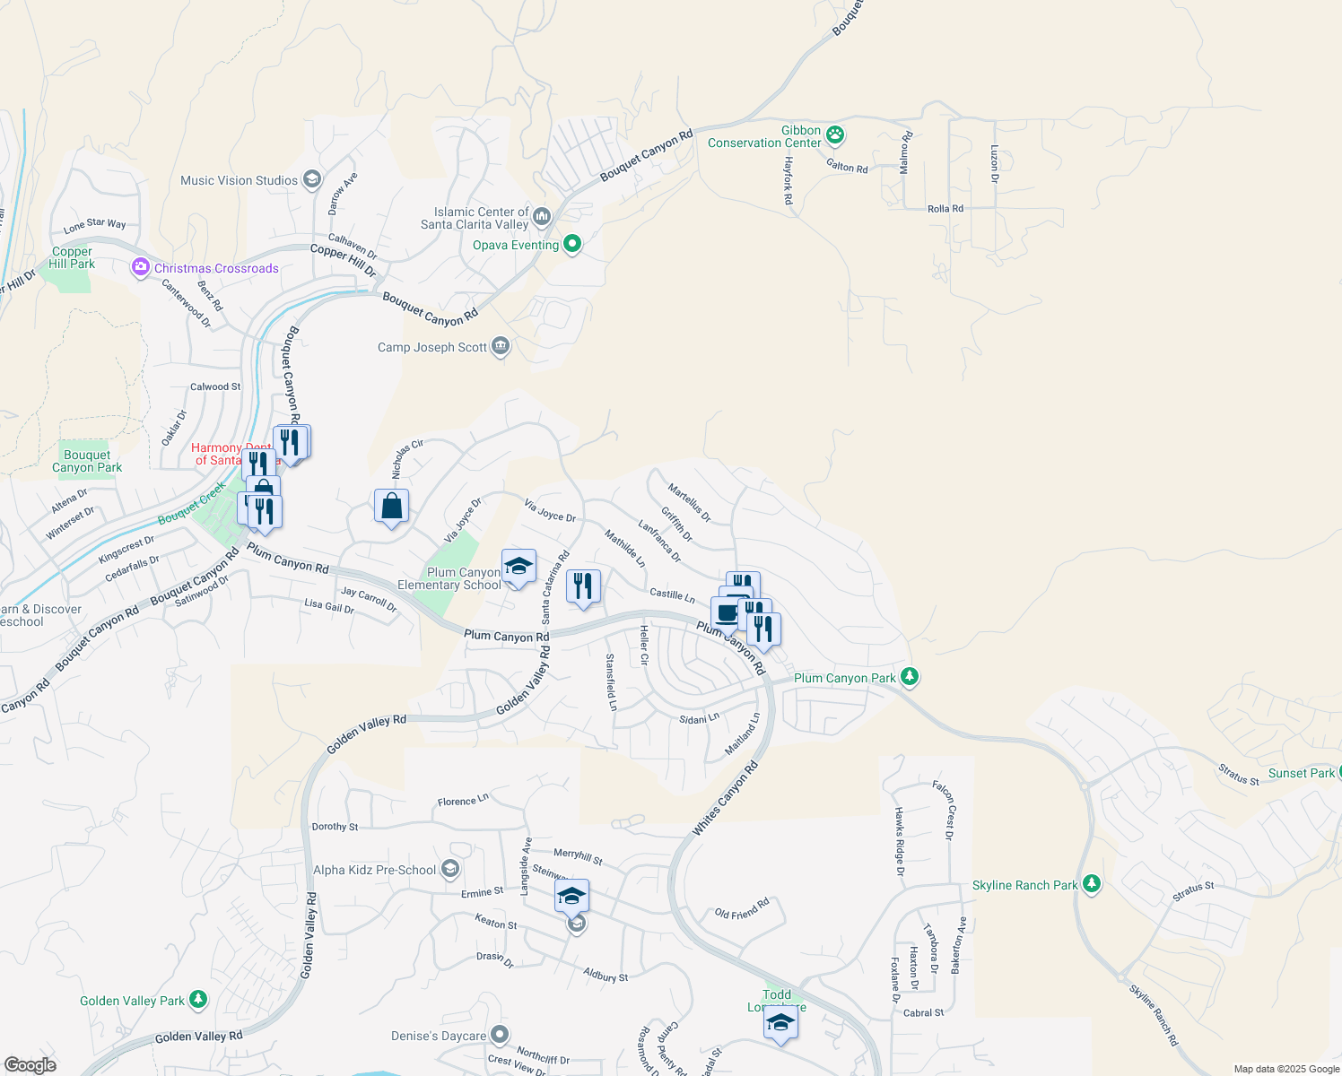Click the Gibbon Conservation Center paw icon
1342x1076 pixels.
tap(836, 135)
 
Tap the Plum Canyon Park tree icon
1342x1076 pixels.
tap(910, 677)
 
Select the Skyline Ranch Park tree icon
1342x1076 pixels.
tap(1092, 884)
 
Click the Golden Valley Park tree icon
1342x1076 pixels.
tap(198, 999)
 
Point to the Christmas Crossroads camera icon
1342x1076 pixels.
tap(140, 267)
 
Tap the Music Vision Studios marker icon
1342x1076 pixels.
tap(312, 179)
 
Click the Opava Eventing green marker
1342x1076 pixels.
tap(572, 244)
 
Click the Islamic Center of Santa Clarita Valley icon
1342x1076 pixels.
tap(542, 216)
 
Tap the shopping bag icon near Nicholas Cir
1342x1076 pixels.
tap(392, 507)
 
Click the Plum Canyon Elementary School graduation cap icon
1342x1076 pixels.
tap(518, 567)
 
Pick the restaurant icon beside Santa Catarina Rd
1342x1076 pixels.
tap(583, 586)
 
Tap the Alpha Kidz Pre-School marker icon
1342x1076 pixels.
tap(450, 869)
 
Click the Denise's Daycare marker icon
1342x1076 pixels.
tap(500, 1035)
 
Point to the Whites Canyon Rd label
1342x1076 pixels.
tap(726, 798)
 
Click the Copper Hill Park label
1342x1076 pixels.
tap(72, 258)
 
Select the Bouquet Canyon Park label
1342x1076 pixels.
tap(87, 461)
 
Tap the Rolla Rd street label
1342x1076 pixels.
tap(945, 209)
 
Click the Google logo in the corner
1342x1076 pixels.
tap(30, 1064)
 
